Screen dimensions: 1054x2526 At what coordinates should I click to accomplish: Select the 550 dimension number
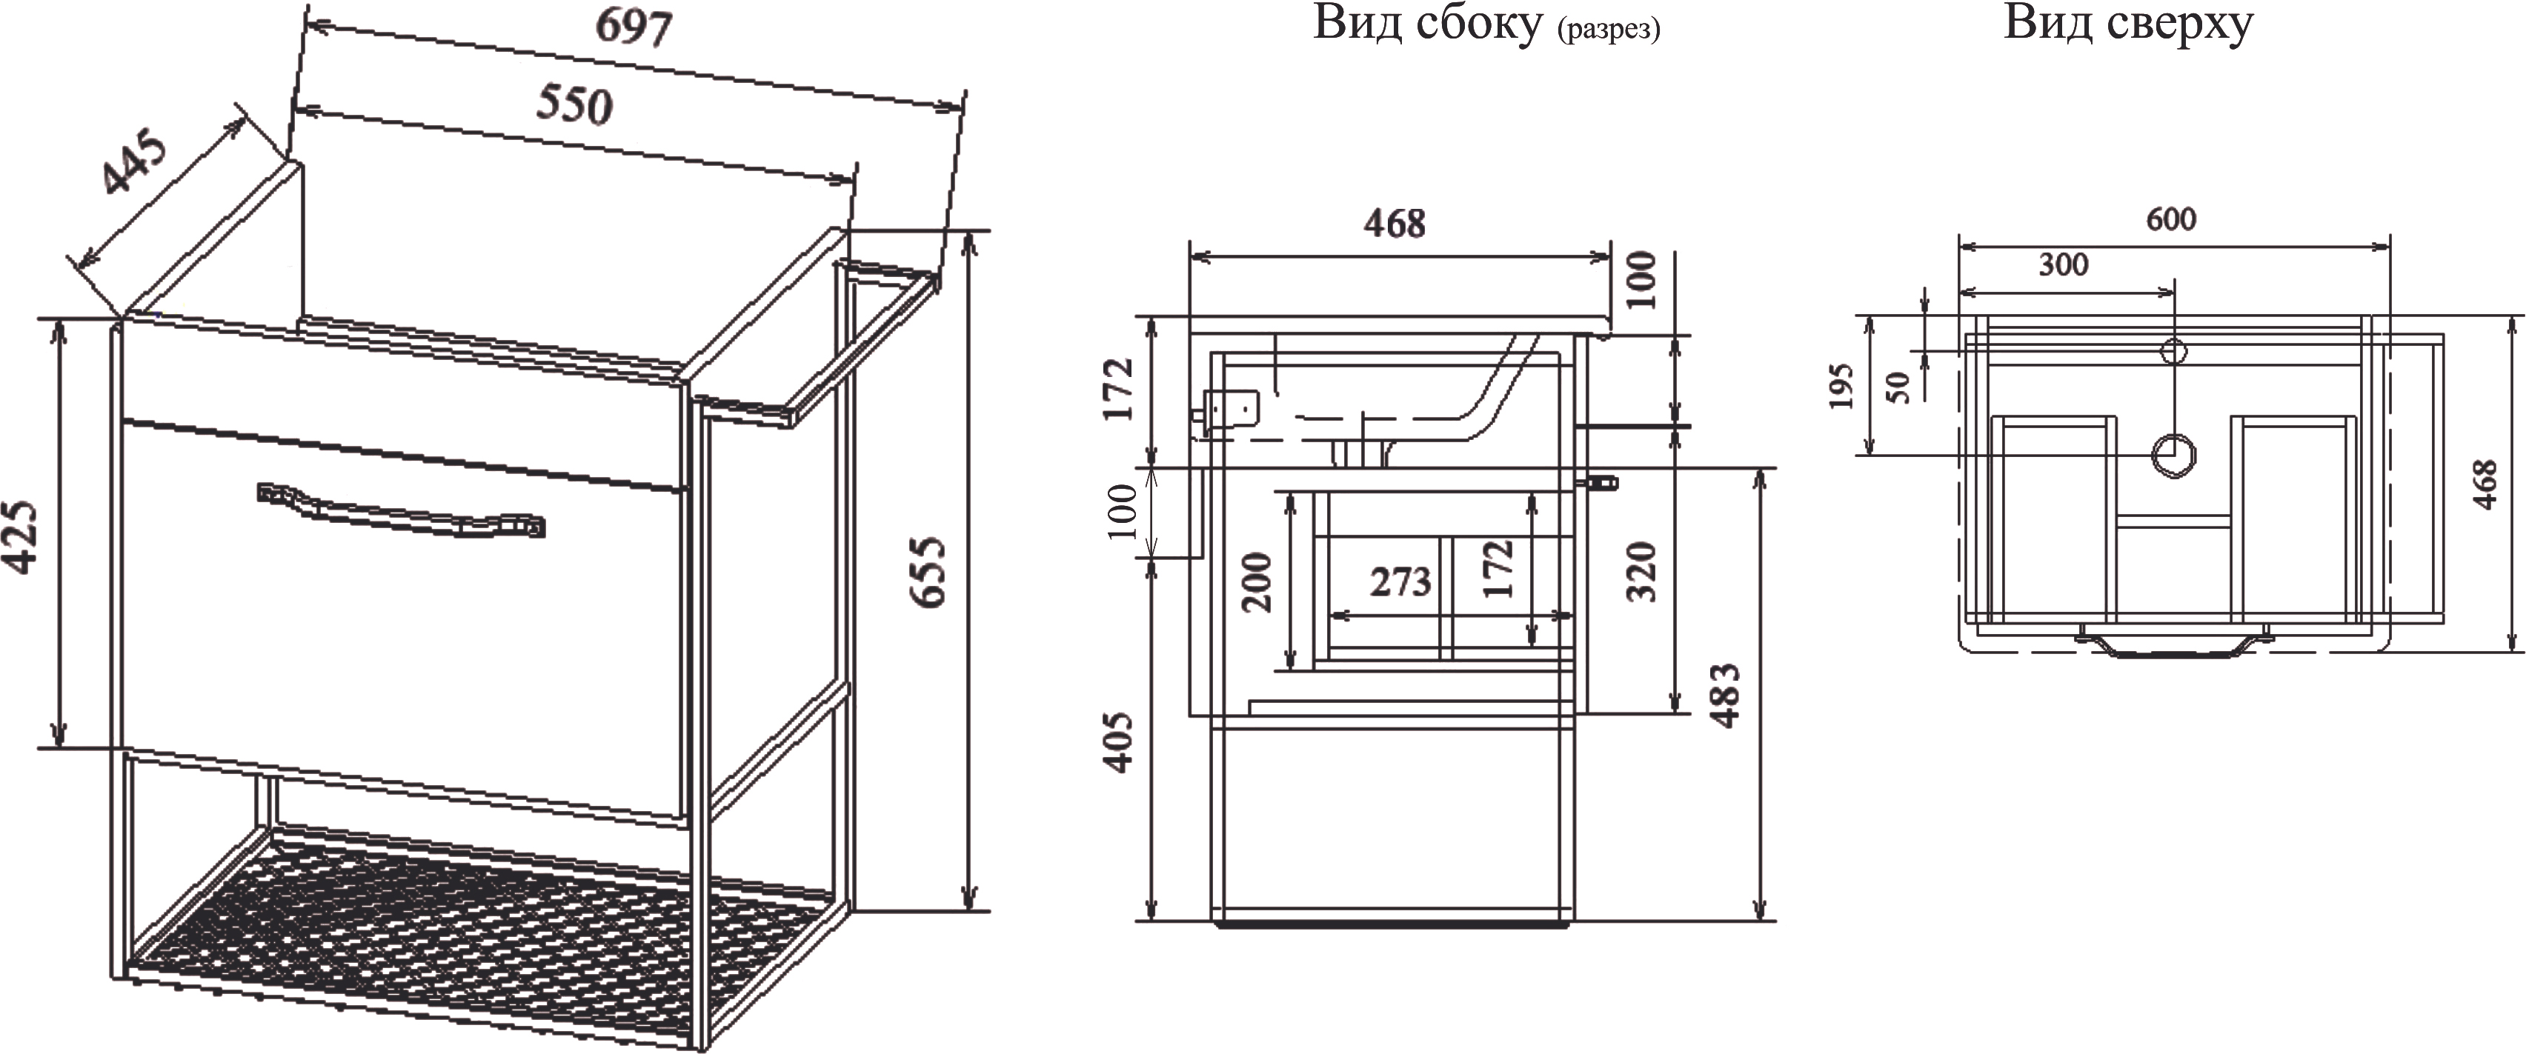click(x=574, y=104)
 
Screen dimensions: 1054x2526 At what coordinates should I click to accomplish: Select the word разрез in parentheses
click(x=1608, y=30)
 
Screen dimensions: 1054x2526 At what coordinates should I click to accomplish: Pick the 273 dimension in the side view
click(x=1400, y=582)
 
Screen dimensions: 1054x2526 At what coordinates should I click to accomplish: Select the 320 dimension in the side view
click(x=1641, y=572)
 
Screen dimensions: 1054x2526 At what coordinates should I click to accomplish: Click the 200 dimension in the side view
click(x=1257, y=582)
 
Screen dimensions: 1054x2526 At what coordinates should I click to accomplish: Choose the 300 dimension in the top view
click(x=2063, y=264)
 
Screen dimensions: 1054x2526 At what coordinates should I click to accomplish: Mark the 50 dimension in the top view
click(x=1899, y=387)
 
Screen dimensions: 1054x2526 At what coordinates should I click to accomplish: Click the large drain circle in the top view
click(x=2173, y=455)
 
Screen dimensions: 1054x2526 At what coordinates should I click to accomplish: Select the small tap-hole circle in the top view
click(x=2174, y=350)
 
